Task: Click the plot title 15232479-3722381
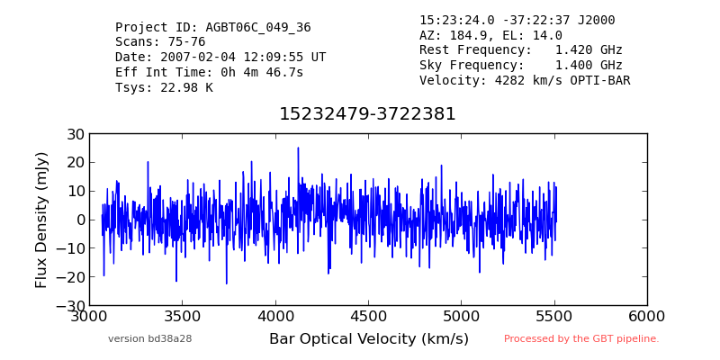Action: (x=367, y=114)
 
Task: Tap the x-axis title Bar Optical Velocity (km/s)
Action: (x=369, y=339)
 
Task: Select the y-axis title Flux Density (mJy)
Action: (x=41, y=220)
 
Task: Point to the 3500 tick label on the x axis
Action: (x=183, y=317)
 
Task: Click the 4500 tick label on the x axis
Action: (x=368, y=317)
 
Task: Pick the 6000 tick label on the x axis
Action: (x=647, y=317)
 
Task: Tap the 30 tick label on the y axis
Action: (x=75, y=134)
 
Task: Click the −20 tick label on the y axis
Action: (x=70, y=277)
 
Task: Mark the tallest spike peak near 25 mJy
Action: (x=298, y=148)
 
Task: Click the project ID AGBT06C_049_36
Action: (x=258, y=28)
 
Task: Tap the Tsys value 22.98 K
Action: (x=186, y=87)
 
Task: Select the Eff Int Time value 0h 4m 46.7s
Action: (x=262, y=72)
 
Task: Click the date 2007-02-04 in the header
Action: (x=197, y=58)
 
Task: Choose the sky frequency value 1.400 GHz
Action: (x=589, y=65)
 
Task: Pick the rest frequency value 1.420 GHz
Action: (x=589, y=49)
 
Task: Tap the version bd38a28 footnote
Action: (x=150, y=339)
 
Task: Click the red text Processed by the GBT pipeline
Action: (x=581, y=339)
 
